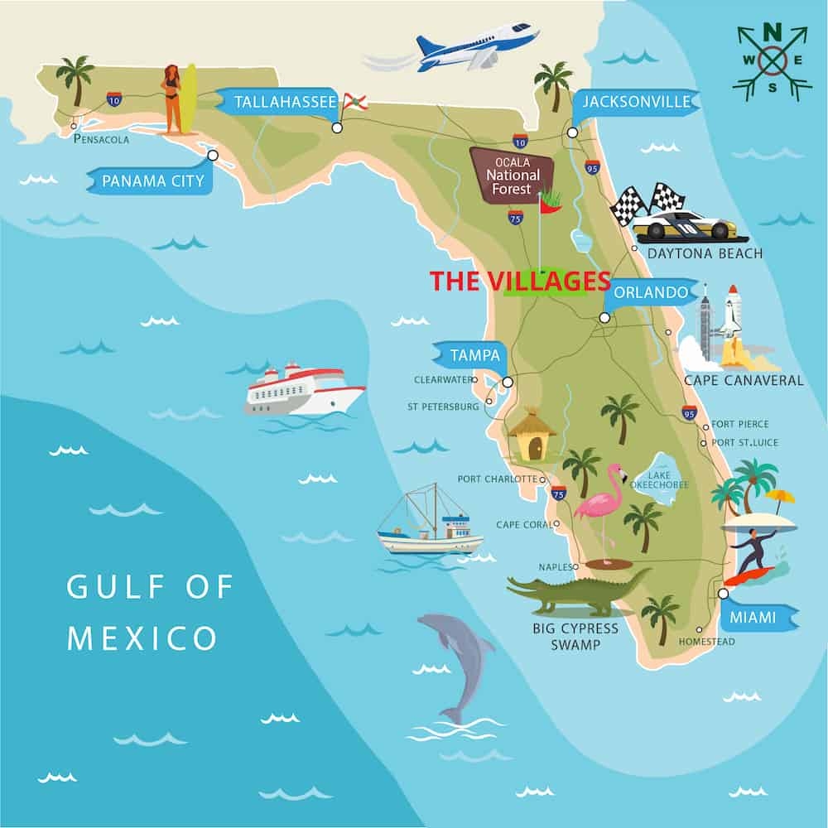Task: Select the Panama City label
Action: [x=151, y=181]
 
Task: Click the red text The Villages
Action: [x=520, y=282]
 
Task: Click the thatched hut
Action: [x=532, y=436]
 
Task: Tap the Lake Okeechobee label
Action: [x=659, y=480]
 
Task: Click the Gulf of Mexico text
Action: [x=149, y=614]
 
